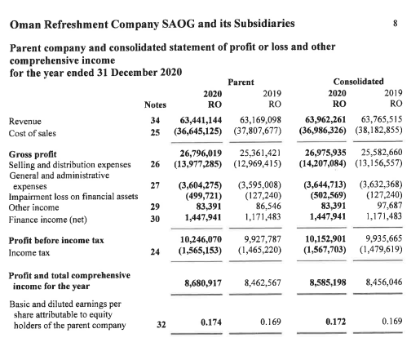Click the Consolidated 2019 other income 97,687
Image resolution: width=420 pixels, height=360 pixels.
click(x=387, y=207)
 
